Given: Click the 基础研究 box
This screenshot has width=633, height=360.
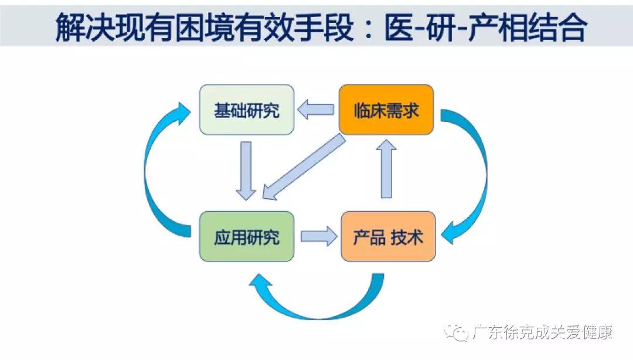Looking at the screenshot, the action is pos(247,110).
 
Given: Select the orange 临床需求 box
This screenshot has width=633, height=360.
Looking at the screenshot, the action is pos(386,110).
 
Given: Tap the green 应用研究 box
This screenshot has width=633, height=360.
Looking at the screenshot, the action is pos(247,236).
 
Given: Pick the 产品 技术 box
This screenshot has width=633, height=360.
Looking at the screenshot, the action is pos(389,236).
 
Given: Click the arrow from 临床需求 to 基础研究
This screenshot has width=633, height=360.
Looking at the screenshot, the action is pos(316,110).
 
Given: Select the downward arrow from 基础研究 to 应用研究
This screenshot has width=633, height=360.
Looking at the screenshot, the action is pos(246,171).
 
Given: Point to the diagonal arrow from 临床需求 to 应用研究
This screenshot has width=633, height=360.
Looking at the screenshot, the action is pos(304,167).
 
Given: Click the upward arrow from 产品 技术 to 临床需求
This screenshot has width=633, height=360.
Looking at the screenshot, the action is pos(386,169).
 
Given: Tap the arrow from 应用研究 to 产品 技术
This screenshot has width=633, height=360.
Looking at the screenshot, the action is pos(319,236).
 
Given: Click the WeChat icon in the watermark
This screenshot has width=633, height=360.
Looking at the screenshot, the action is pos(456,332).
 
